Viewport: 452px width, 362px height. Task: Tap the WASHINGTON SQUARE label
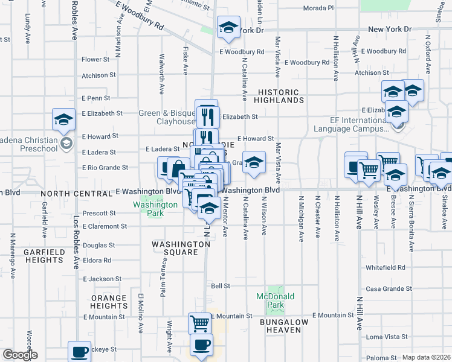click(x=181, y=249)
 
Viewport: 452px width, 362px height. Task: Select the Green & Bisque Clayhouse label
click(x=167, y=117)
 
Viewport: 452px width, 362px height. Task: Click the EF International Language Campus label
click(x=351, y=124)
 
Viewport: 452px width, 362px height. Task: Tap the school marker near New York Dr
click(x=228, y=28)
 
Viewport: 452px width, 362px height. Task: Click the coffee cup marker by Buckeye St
click(x=79, y=351)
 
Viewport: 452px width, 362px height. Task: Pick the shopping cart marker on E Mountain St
click(x=199, y=323)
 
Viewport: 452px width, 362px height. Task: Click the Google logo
click(x=20, y=355)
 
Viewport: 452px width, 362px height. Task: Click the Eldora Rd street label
click(x=99, y=261)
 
